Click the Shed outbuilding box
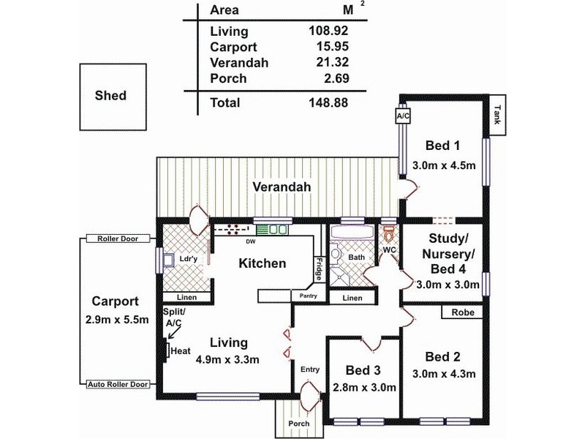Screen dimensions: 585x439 [113, 97]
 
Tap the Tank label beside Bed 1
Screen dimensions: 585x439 [497, 115]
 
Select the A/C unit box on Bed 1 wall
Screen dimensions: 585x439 [403, 116]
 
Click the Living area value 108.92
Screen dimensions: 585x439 [328, 30]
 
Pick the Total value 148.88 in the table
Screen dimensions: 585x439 [328, 102]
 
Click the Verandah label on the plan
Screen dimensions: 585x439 [282, 187]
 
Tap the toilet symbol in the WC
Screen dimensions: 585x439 [389, 233]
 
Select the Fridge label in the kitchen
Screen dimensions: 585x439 [319, 269]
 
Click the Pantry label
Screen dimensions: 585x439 [308, 296]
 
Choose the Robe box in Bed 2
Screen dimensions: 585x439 [462, 312]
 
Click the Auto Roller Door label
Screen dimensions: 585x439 [118, 384]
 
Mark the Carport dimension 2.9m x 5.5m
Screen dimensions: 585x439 [117, 320]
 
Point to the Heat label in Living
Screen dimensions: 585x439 [181, 351]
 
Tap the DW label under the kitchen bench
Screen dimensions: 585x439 [251, 242]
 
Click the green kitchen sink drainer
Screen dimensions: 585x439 [263, 230]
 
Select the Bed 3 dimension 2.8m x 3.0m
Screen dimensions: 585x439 [363, 388]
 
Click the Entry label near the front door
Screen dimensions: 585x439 [310, 369]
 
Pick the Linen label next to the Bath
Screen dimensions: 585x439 [352, 298]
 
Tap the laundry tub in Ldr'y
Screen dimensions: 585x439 [167, 260]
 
